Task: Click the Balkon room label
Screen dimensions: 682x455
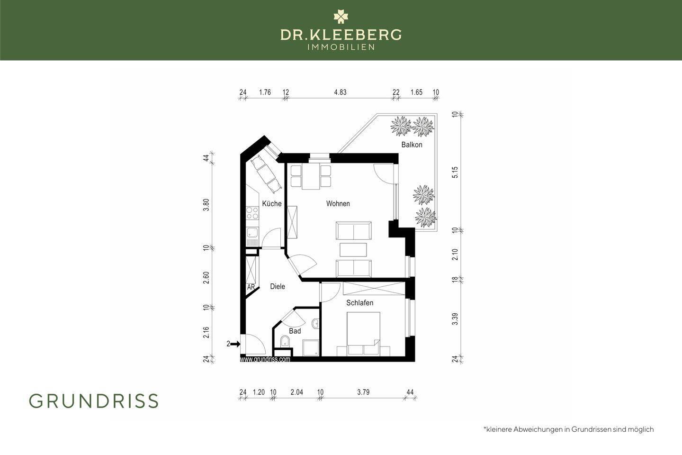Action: [412, 145]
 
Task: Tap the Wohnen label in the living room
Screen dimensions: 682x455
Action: [338, 204]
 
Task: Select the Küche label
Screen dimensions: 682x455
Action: [272, 204]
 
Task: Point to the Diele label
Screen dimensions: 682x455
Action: [278, 286]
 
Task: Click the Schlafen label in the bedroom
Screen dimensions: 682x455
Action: [359, 303]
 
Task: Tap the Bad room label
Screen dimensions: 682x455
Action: [295, 331]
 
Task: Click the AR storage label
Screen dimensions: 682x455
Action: [251, 287]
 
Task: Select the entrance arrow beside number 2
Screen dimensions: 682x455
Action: [235, 344]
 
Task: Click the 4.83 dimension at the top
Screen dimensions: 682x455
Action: [340, 92]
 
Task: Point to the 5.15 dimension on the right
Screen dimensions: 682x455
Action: [455, 172]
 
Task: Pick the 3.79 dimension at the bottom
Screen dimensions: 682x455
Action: [363, 392]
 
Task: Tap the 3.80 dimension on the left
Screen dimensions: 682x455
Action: [206, 205]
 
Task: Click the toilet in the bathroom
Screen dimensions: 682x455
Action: [285, 342]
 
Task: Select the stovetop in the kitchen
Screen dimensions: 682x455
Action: [252, 213]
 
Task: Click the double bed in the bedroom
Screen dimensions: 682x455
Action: [364, 333]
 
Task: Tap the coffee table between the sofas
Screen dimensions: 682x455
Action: [353, 250]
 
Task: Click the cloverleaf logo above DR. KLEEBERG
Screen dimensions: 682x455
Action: [341, 17]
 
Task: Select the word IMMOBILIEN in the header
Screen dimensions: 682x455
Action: [341, 47]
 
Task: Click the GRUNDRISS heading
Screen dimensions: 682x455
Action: [94, 401]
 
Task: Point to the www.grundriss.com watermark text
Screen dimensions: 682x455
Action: [265, 359]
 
